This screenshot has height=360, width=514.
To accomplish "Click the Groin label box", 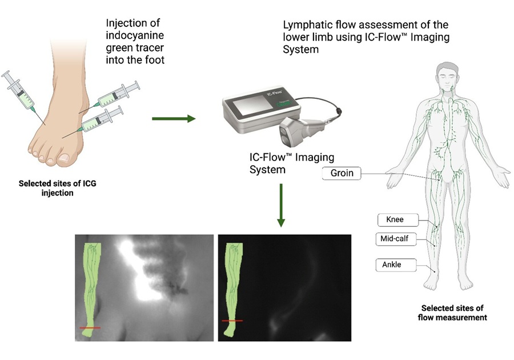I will pos(342,173).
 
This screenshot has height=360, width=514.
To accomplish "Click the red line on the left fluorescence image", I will pos(90,327).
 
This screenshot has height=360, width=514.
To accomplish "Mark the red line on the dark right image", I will pos(232,321).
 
